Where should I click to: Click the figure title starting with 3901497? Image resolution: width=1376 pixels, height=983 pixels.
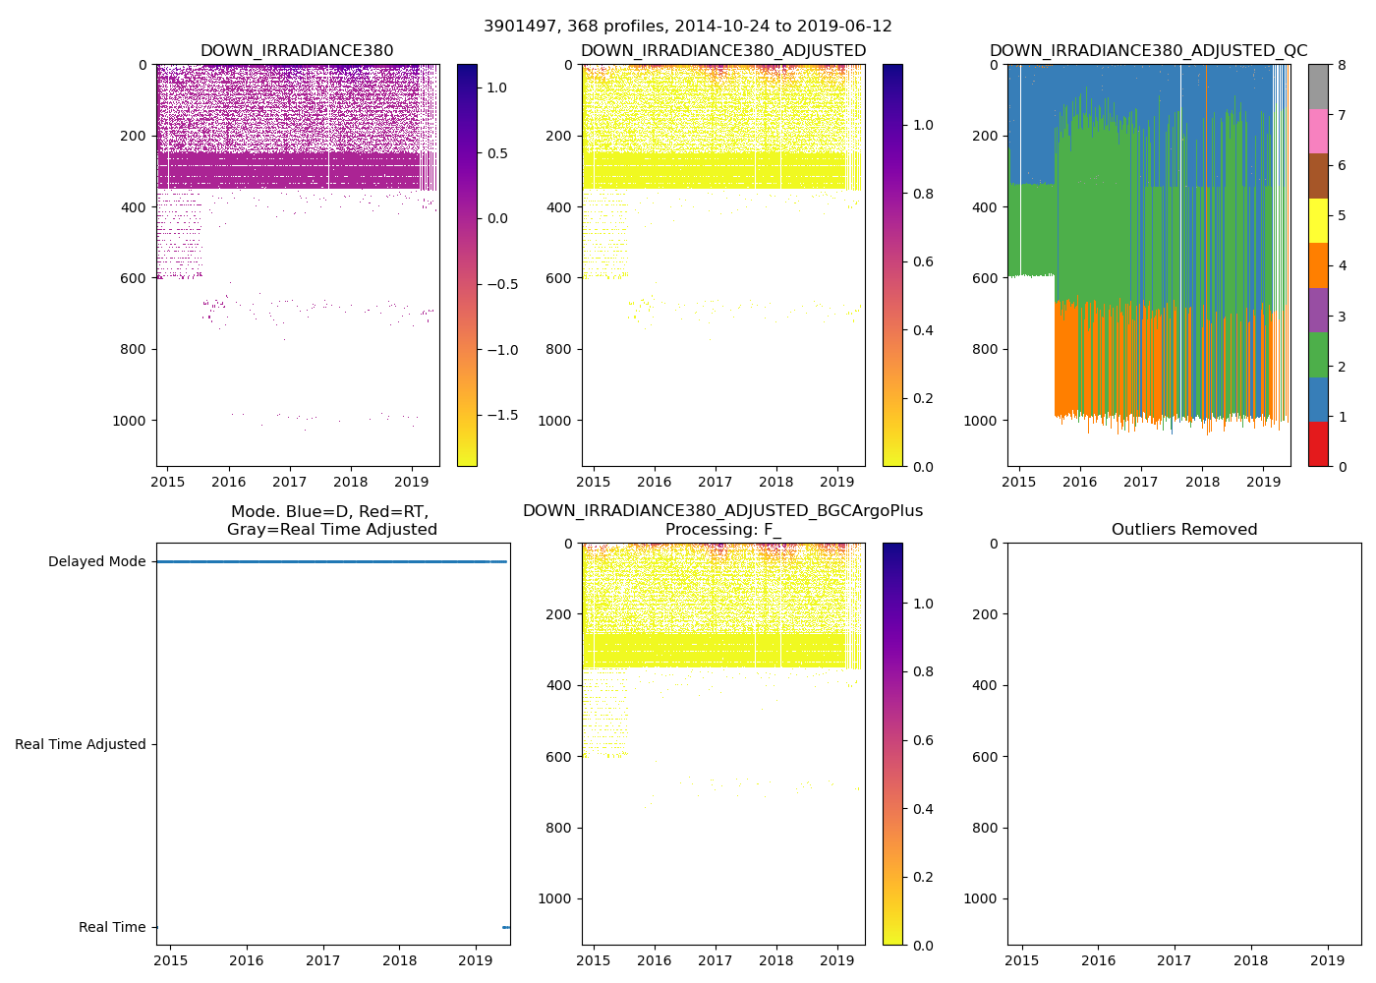pyautogui.click(x=688, y=27)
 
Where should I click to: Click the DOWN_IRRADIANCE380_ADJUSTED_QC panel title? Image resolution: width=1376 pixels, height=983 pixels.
pyautogui.click(x=1148, y=51)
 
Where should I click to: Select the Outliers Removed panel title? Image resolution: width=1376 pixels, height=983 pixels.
pyautogui.click(x=1184, y=530)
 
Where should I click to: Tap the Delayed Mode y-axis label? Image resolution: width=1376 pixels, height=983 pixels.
pyautogui.click(x=96, y=562)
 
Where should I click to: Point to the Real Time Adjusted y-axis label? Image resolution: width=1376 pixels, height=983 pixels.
pyautogui.click(x=81, y=745)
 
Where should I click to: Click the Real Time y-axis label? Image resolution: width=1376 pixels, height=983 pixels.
pyautogui.click(x=112, y=928)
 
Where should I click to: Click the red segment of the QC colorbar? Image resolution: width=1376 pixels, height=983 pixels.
pyautogui.click(x=1318, y=444)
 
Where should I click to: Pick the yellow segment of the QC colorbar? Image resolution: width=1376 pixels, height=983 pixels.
pyautogui.click(x=1318, y=221)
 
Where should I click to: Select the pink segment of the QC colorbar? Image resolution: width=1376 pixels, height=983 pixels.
pyautogui.click(x=1318, y=131)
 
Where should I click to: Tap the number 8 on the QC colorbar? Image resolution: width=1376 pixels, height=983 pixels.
pyautogui.click(x=1341, y=65)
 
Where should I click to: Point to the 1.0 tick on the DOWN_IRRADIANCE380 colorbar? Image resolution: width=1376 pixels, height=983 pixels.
pyautogui.click(x=497, y=87)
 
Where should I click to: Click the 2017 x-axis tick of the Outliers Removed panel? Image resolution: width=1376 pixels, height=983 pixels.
pyautogui.click(x=1175, y=960)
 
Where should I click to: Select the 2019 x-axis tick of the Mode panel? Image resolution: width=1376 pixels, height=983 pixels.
pyautogui.click(x=476, y=960)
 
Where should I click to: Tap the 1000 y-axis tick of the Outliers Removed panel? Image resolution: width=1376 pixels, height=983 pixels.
pyautogui.click(x=981, y=898)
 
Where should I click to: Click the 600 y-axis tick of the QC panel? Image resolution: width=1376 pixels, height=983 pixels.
pyautogui.click(x=986, y=278)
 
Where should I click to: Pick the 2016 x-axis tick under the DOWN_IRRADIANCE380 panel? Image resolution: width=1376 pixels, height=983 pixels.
pyautogui.click(x=229, y=482)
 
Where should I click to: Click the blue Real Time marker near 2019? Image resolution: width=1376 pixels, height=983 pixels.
pyautogui.click(x=505, y=927)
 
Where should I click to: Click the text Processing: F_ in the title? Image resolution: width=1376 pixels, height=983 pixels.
pyautogui.click(x=723, y=530)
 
